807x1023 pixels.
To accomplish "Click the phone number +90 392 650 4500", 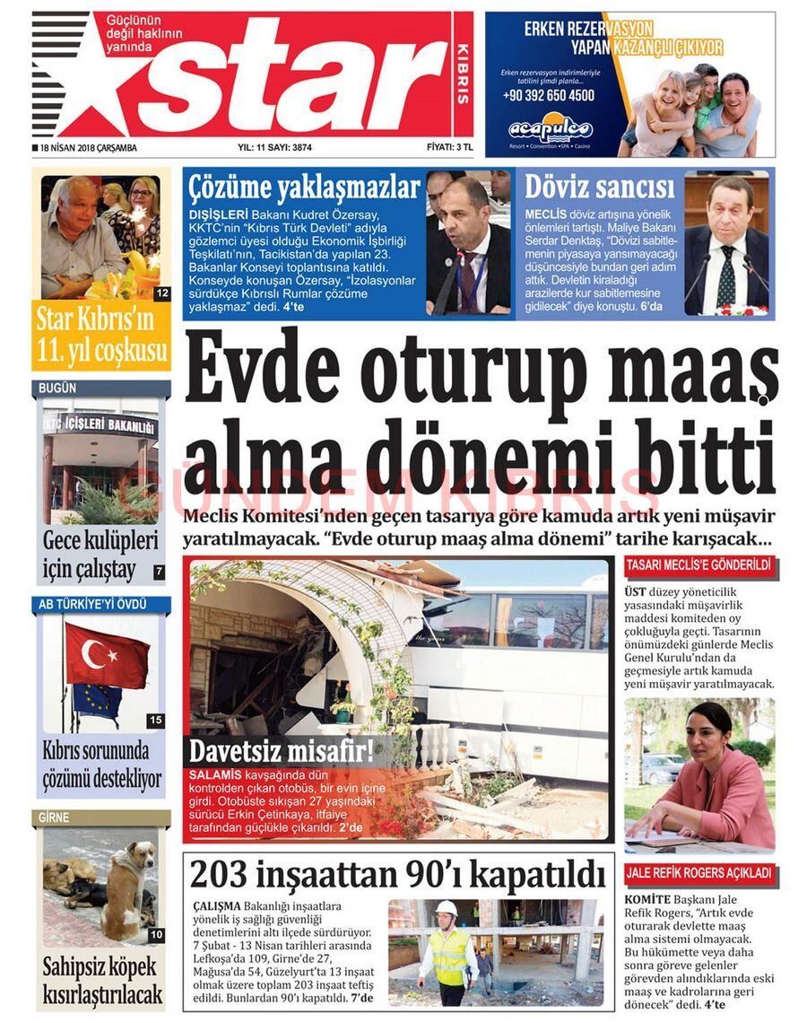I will coord(548,95).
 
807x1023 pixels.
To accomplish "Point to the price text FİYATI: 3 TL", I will coord(448,148).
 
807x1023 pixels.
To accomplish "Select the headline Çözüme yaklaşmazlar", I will coord(303,189).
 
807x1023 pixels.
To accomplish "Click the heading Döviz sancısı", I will coord(599,188).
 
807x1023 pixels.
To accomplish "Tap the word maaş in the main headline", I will coord(692,373).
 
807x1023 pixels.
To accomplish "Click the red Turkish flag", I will coord(106,655).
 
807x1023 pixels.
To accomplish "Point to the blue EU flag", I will coord(96,699).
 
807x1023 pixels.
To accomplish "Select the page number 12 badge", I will coord(161,293).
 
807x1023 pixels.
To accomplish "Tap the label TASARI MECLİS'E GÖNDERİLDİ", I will coord(699,565).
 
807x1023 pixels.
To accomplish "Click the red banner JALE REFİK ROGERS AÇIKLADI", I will coord(699,872).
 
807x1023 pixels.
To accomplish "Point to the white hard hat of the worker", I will coord(447,908).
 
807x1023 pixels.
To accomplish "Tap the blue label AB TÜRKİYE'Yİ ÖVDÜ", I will coord(92,604).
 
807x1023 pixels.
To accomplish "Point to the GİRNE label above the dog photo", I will coord(54,818).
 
